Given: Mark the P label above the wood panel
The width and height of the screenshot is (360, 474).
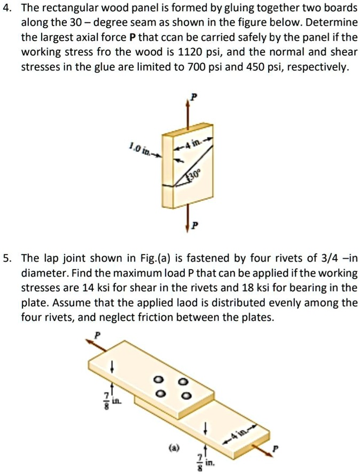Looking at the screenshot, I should (x=194, y=97).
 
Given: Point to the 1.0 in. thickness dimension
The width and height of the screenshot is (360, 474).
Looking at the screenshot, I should (x=138, y=147).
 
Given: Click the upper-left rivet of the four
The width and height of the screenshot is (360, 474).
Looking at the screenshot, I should (x=158, y=380).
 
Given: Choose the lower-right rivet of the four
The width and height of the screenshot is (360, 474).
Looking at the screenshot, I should (x=184, y=396).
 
